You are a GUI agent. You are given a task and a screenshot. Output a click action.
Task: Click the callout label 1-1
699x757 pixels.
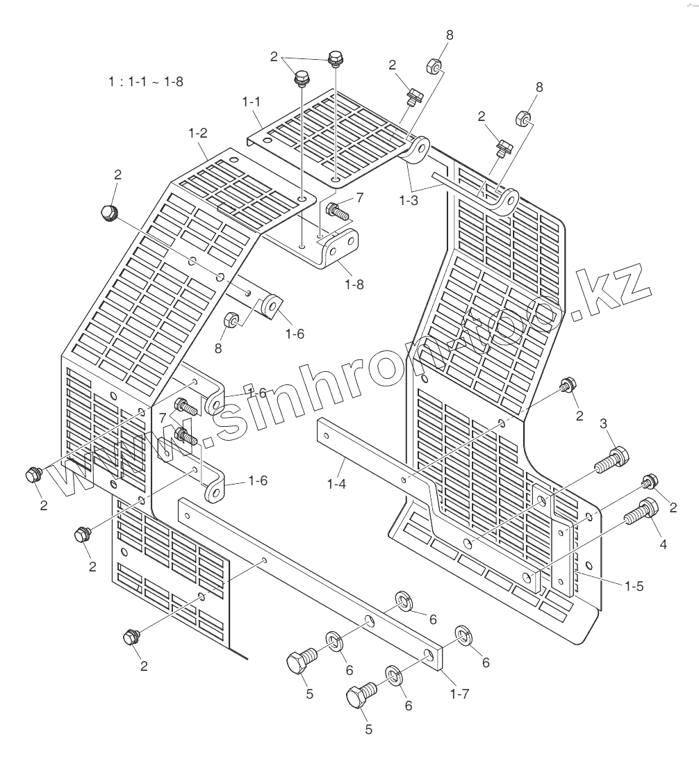point(251,102)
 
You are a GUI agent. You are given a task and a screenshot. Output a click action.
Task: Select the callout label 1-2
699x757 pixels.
point(198,132)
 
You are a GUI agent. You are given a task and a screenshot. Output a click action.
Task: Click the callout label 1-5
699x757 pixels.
point(634,585)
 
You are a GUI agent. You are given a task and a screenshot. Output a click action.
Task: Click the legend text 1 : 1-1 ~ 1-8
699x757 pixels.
point(145,81)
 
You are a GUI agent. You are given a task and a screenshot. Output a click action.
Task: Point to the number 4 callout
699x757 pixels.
point(663,545)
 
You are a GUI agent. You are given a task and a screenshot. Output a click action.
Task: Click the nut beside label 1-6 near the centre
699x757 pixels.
point(231,320)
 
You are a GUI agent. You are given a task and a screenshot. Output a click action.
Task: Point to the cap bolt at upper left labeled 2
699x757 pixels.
point(110,213)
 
